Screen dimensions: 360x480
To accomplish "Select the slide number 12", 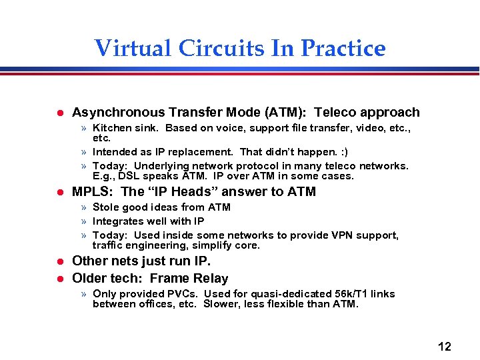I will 444,346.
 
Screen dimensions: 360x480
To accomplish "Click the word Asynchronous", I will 119,113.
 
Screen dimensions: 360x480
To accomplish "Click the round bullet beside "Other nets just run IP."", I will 59,261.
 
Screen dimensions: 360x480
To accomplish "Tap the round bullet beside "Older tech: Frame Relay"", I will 59,279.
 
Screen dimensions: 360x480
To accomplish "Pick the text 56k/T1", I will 353,294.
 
